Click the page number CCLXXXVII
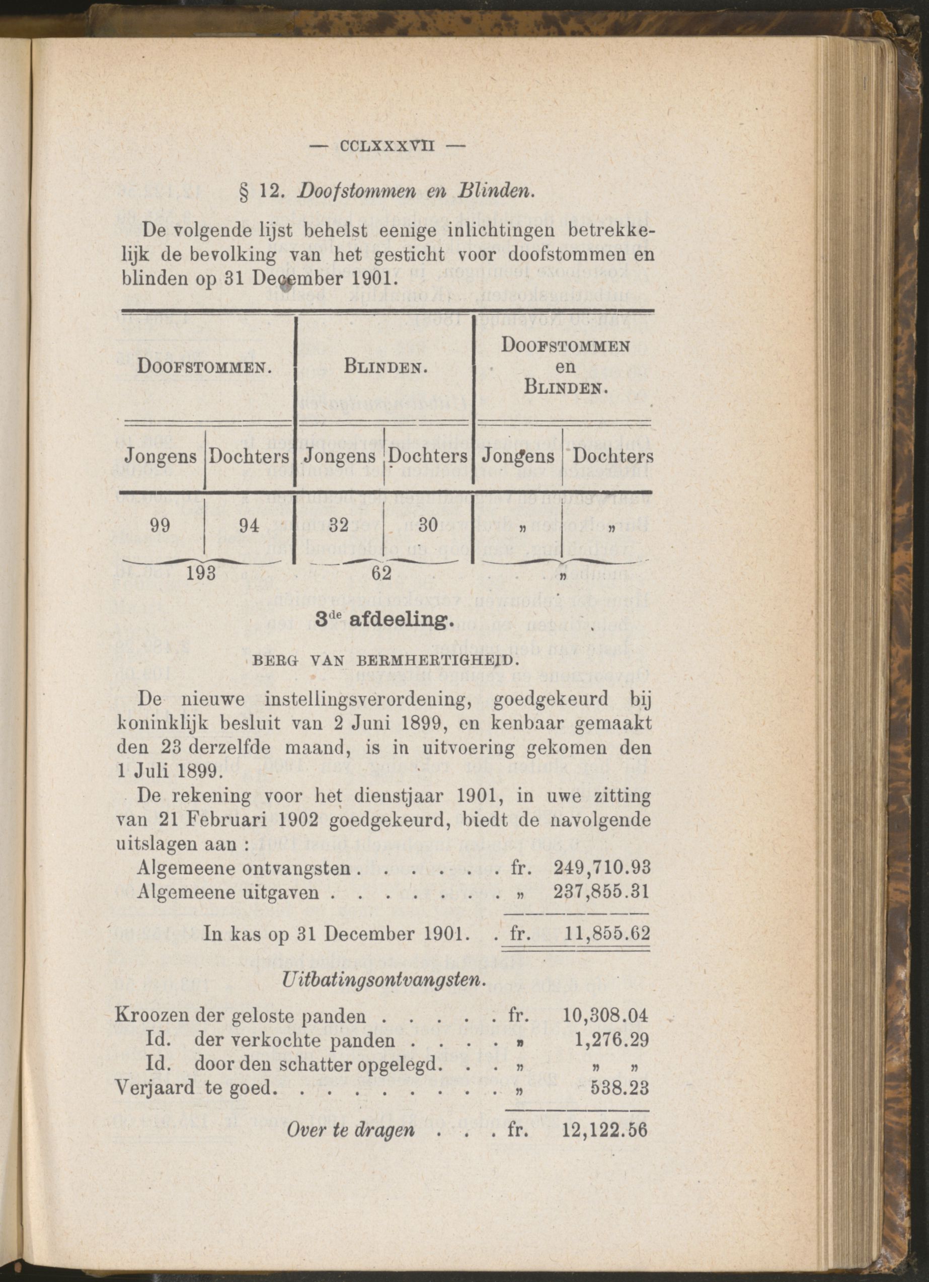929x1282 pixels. [x=387, y=146]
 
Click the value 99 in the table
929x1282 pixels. [x=161, y=526]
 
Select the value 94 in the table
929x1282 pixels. [x=249, y=526]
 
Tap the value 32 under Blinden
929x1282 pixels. [x=339, y=526]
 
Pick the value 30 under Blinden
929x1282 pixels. [x=428, y=526]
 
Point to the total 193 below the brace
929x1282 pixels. [x=202, y=573]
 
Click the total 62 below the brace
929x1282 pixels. [x=381, y=573]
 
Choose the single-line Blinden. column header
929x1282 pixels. [x=385, y=368]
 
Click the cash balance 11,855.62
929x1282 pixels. [x=607, y=933]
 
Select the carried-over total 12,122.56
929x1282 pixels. [x=604, y=1130]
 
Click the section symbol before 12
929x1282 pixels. [x=245, y=192]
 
